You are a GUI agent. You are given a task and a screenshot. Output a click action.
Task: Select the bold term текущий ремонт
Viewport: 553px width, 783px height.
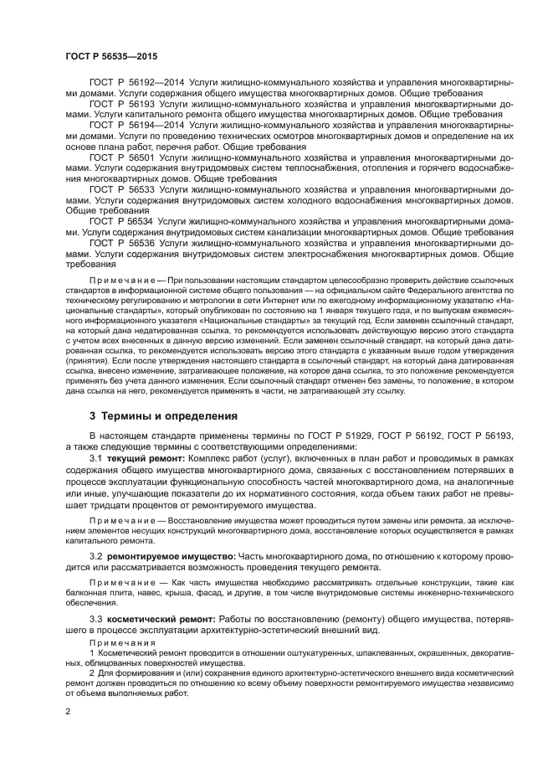pos(141,459)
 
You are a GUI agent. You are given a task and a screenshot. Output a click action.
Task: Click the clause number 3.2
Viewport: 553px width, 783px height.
pos(95,555)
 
